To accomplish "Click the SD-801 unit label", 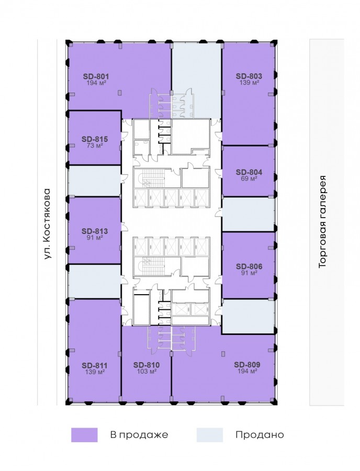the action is point(96,76).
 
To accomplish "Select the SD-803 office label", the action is point(249,76).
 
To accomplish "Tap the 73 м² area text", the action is point(95,145).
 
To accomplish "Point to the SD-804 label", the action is point(249,172).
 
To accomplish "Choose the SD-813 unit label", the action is point(95,231).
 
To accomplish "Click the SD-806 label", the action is point(249,266).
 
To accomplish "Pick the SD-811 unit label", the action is point(95,366).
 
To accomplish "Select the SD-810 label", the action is point(147,365).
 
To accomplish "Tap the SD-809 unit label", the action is point(247,365).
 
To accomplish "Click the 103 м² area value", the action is point(147,372).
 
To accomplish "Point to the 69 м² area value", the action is point(249,179).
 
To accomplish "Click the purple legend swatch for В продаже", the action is point(84,435).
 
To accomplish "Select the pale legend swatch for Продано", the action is point(210,435).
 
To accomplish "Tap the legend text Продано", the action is point(260,435).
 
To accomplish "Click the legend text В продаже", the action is point(139,435).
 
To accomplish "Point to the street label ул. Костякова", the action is point(48,224).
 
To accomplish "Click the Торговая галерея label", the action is point(322,222).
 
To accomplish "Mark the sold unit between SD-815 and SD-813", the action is point(95,181).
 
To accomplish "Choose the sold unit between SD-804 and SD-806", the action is point(249,214).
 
